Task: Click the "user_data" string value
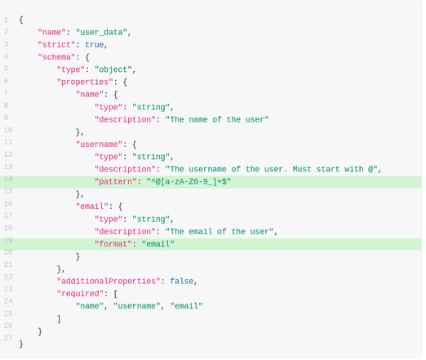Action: tap(101, 33)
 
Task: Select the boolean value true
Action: tap(95, 45)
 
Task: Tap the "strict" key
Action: tap(56, 45)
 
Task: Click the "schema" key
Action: tap(56, 57)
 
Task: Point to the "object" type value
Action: tap(113, 69)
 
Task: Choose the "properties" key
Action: tap(85, 82)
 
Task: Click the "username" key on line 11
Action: tap(99, 144)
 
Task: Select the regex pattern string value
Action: tap(189, 181)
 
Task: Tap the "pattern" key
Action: tap(115, 181)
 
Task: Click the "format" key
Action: tap(113, 244)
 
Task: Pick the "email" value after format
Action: tap(158, 244)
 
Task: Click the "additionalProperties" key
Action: tap(109, 281)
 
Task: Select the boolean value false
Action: tap(182, 281)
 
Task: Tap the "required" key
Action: tap(80, 294)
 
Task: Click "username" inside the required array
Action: tap(137, 306)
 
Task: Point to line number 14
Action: tap(8, 179)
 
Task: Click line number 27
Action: tap(8, 338)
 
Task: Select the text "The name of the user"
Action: tap(217, 119)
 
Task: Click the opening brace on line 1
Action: tap(21, 20)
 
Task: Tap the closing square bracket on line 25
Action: tap(59, 318)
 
